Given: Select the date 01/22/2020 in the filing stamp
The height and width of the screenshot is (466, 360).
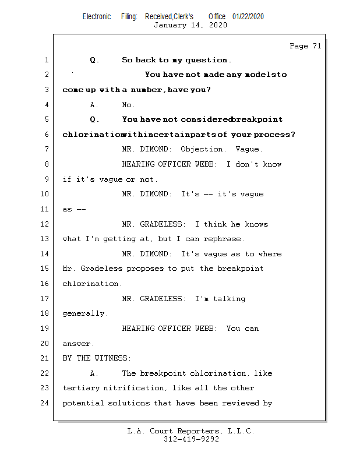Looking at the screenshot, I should click(248, 16).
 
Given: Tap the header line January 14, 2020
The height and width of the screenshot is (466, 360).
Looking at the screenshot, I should click(190, 25).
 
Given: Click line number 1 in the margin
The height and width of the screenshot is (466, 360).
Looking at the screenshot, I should click(46, 59).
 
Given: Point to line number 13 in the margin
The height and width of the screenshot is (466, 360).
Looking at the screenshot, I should click(44, 239).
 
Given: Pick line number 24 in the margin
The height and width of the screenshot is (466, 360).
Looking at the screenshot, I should click(44, 403).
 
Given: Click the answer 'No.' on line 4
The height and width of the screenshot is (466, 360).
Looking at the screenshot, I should click(128, 105).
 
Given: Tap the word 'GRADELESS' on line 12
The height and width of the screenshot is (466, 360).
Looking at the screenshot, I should click(163, 224).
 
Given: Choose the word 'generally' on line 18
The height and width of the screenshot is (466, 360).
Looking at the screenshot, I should click(84, 313).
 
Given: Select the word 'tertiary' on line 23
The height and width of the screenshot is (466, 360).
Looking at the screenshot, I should click(81, 388).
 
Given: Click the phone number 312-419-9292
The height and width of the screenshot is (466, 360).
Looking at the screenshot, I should click(191, 440).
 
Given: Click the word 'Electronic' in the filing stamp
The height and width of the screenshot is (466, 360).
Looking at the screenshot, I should click(97, 16).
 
